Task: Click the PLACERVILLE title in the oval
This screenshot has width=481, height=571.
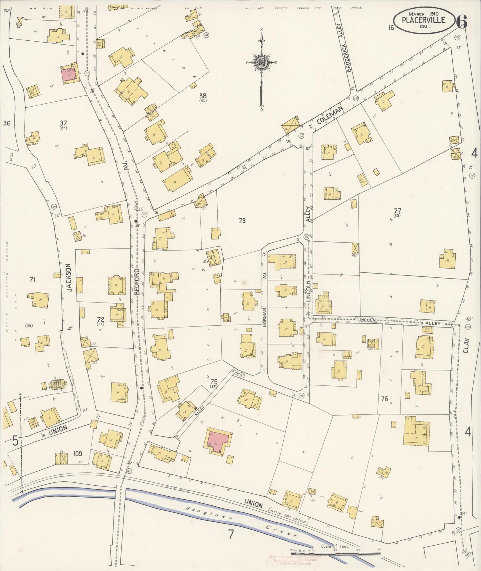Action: click(423, 20)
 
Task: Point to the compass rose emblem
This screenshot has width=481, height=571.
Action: click(262, 62)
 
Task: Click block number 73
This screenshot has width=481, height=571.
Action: click(242, 221)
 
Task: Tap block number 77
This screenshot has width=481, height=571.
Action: click(397, 211)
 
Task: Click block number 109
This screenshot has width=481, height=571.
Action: click(77, 453)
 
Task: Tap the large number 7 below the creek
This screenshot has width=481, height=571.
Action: click(231, 534)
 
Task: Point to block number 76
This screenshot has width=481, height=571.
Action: click(384, 398)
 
